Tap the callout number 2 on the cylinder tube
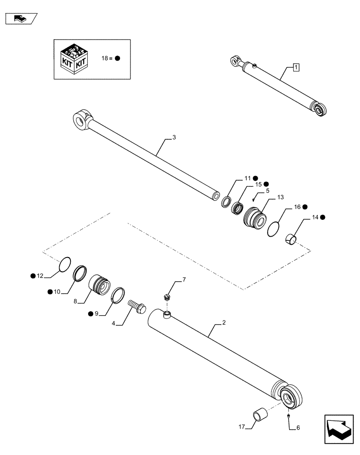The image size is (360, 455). [x=224, y=324]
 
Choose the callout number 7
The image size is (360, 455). [x=184, y=279]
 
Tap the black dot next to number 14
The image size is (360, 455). [x=322, y=218]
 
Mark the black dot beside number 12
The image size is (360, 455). [x=33, y=276]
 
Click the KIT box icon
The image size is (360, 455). [x=73, y=59]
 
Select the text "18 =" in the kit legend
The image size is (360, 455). [x=106, y=59]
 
